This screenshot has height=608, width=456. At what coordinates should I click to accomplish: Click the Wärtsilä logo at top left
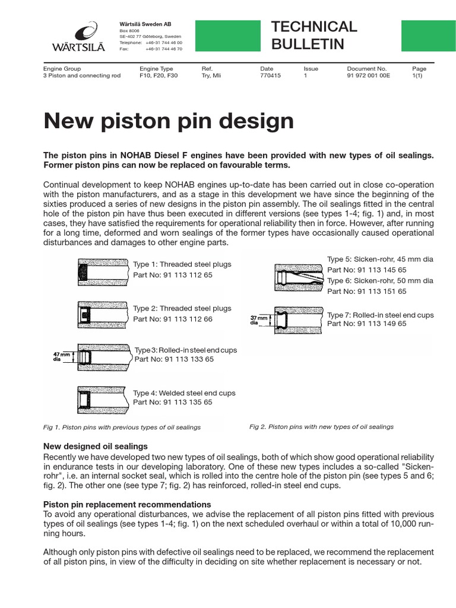[86, 37]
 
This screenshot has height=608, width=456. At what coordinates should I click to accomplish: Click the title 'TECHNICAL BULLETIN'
[314, 35]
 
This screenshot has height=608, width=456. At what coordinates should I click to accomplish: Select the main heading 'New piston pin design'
[169, 121]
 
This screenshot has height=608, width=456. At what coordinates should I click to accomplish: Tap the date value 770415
[271, 76]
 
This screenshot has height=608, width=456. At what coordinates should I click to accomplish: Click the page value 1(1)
[419, 76]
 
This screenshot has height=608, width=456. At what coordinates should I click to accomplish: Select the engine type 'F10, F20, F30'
[159, 76]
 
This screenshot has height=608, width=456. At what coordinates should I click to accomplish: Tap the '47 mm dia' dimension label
[62, 356]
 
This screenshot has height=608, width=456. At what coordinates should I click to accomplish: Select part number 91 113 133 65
[174, 359]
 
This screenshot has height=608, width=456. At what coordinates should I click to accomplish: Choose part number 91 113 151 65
[367, 291]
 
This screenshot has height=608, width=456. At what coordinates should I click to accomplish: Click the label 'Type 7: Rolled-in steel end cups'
[380, 315]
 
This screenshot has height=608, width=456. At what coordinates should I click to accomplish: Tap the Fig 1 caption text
[122, 427]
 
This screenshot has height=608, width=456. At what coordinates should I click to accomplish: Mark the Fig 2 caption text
[321, 426]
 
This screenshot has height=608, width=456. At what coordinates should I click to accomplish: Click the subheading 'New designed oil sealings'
[96, 446]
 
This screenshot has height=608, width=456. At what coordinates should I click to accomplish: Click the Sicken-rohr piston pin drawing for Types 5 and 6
[299, 275]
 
